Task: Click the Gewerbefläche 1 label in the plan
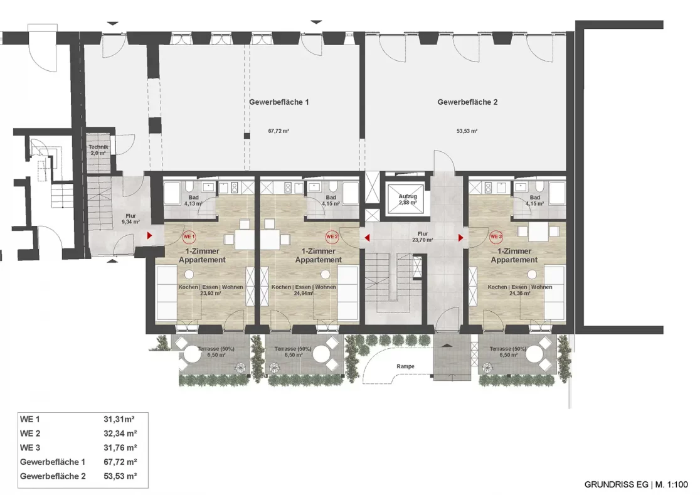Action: (x=278, y=102)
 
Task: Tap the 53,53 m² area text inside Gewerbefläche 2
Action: (x=467, y=132)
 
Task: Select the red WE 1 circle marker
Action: (x=188, y=237)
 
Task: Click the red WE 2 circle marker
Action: (x=332, y=237)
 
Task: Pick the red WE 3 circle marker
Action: (x=496, y=237)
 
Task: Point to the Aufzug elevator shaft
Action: (x=407, y=200)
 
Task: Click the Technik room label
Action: (x=98, y=149)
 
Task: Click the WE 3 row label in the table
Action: (x=30, y=448)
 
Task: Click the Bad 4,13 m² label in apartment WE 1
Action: (x=194, y=201)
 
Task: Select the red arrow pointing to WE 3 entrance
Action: (x=460, y=238)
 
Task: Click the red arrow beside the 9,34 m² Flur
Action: (x=149, y=237)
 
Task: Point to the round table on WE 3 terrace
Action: (x=535, y=355)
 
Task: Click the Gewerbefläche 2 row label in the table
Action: (x=53, y=477)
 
